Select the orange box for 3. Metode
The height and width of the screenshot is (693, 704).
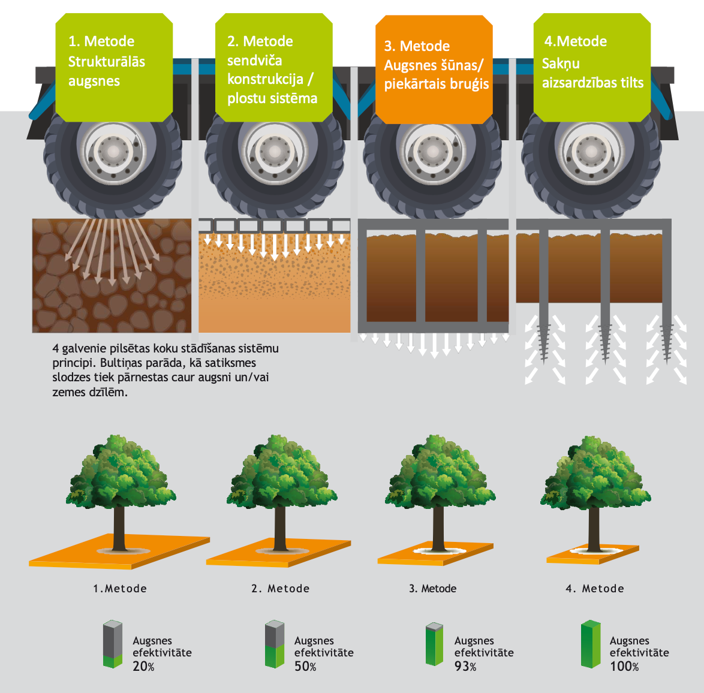coord(434,69)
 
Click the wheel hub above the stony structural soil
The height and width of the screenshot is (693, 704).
coord(112,152)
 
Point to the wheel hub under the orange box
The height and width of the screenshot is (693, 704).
coord(432,152)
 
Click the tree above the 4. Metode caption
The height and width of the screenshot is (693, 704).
coord(595,474)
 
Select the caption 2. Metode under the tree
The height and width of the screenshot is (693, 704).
coord(280,589)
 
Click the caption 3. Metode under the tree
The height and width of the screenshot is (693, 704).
coord(432,589)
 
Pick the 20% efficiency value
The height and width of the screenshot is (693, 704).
coord(143,666)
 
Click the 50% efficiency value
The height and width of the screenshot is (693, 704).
coord(305,666)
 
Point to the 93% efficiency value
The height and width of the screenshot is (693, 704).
coord(465,666)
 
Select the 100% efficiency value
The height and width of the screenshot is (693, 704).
coord(624,666)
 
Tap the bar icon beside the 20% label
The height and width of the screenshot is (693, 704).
coord(112,644)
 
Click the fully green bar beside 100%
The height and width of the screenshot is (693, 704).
coord(590,644)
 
